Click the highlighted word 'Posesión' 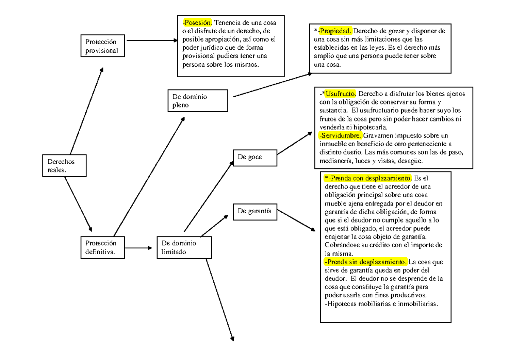point(197,22)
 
